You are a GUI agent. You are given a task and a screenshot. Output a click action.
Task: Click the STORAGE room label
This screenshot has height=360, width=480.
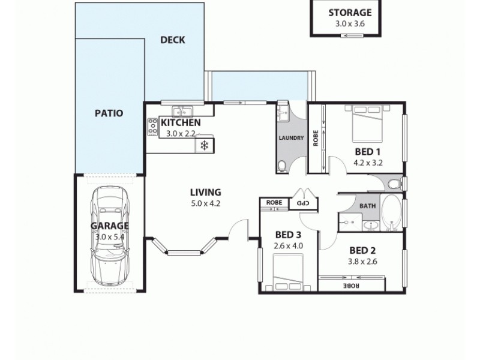(350, 13)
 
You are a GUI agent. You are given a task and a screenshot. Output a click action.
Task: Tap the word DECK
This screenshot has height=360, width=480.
(173, 40)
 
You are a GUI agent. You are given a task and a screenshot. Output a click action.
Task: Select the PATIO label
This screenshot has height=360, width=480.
(109, 113)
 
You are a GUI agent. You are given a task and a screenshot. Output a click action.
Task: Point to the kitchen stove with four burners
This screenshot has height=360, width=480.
(152, 127)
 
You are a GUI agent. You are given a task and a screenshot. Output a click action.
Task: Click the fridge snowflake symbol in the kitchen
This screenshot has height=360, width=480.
(204, 145)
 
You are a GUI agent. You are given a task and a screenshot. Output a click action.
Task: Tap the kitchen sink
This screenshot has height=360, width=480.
(181, 110)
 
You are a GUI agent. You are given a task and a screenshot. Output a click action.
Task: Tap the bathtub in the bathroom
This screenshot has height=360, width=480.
(391, 213)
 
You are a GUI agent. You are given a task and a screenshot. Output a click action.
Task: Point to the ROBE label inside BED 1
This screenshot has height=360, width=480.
(315, 139)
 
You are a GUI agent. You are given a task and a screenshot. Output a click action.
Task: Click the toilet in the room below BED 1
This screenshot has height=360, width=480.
(394, 183)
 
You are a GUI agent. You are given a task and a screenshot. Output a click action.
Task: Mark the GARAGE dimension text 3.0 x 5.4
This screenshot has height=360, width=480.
(110, 236)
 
